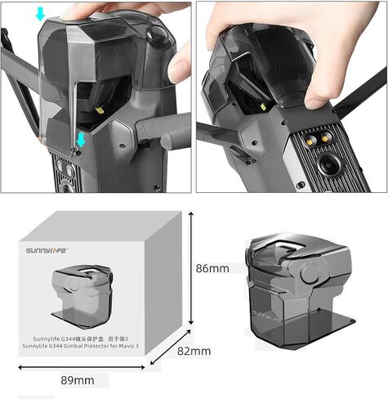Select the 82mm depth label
[x=194, y=352]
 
